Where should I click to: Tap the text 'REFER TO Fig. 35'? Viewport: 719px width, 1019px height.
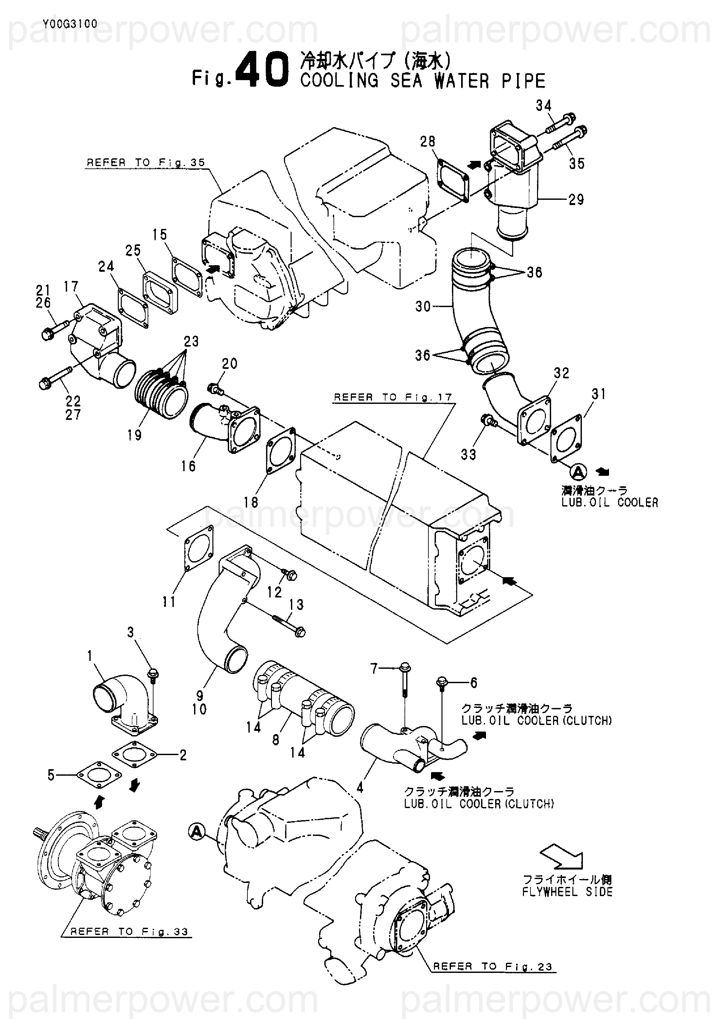[146, 163]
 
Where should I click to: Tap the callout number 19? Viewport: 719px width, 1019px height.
[134, 435]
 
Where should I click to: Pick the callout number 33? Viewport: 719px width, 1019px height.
[469, 455]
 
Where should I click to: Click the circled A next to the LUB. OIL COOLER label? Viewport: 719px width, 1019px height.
[578, 472]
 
